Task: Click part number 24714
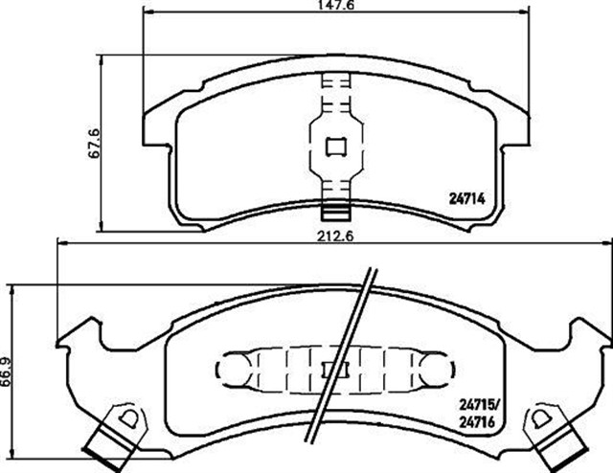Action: coord(470,199)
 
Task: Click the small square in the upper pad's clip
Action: coord(337,146)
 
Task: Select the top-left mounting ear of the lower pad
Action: coord(79,329)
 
